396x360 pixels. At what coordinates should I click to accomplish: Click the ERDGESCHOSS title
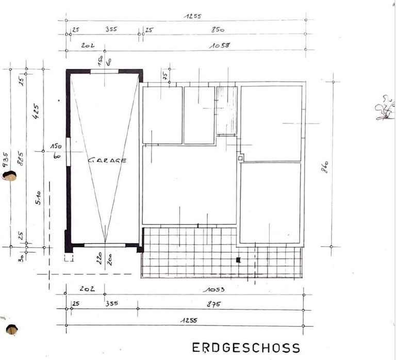(245, 347)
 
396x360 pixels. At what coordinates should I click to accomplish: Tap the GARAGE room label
(107, 160)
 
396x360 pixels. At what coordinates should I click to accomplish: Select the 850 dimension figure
(218, 30)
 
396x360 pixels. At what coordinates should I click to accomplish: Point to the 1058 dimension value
(220, 45)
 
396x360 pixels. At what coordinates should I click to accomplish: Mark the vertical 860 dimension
(325, 167)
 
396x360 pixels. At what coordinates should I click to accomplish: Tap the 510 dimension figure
(38, 198)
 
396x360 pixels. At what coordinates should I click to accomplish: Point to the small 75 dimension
(165, 75)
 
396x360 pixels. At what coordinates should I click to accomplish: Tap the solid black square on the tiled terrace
(238, 260)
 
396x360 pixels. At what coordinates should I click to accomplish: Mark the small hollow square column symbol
(240, 158)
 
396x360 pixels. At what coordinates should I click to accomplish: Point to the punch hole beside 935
(9, 176)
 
